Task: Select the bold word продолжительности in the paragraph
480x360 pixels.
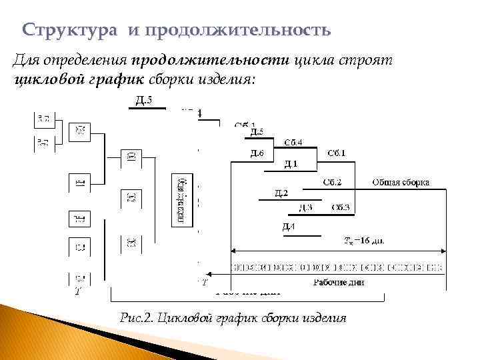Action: tap(210, 61)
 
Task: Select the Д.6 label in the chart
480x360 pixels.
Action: tap(257, 154)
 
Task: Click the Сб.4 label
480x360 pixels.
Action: tap(293, 142)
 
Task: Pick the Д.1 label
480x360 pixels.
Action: tap(291, 164)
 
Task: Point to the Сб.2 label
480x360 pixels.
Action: tap(333, 182)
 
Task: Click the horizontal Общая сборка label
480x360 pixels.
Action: tap(401, 182)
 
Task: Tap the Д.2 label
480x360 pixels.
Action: tap(281, 193)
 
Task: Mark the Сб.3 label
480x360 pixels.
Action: tap(341, 208)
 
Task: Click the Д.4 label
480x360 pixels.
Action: tap(288, 227)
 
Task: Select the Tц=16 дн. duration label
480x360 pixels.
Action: tap(363, 240)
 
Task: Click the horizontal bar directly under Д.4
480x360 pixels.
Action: tap(299, 235)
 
